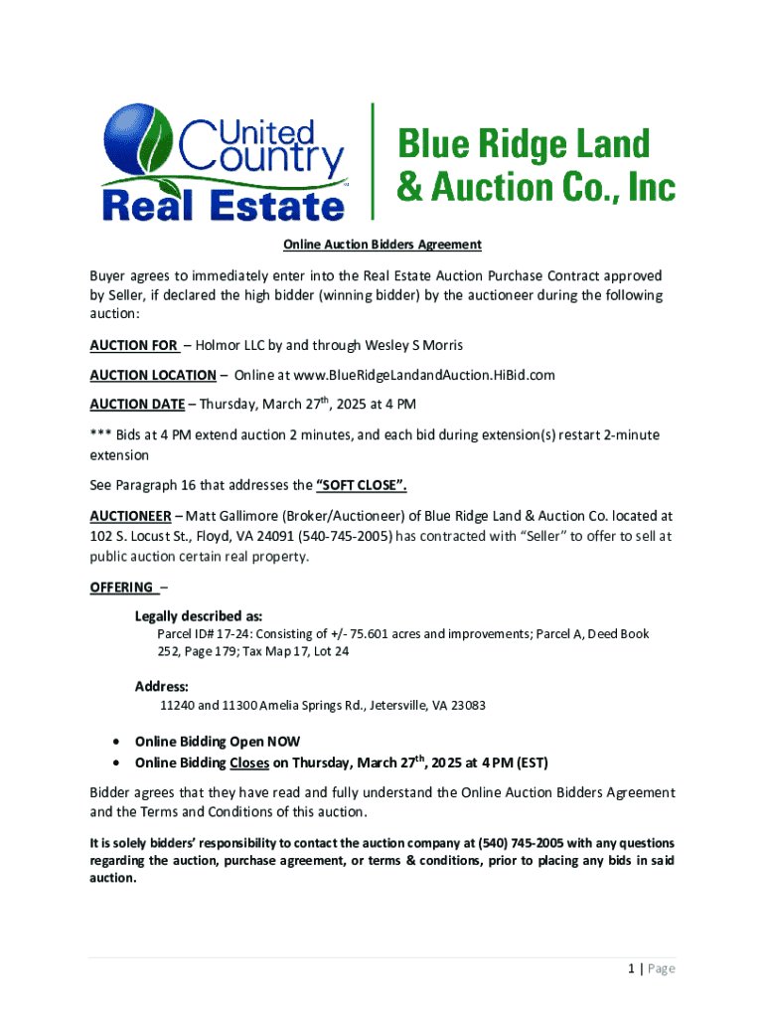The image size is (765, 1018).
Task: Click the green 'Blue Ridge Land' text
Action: pyautogui.click(x=523, y=144)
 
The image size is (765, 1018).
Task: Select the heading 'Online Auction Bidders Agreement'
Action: pyautogui.click(x=382, y=245)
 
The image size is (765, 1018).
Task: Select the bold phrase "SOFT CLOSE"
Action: pyautogui.click(x=361, y=486)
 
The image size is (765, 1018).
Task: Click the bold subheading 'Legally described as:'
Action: pyautogui.click(x=199, y=616)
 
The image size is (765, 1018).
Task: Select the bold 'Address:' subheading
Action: pyautogui.click(x=162, y=686)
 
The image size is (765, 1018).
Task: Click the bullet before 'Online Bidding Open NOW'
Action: pyautogui.click(x=118, y=743)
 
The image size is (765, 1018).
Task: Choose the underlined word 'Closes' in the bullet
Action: pyautogui.click(x=248, y=763)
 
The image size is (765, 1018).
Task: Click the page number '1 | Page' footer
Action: pyautogui.click(x=650, y=969)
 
